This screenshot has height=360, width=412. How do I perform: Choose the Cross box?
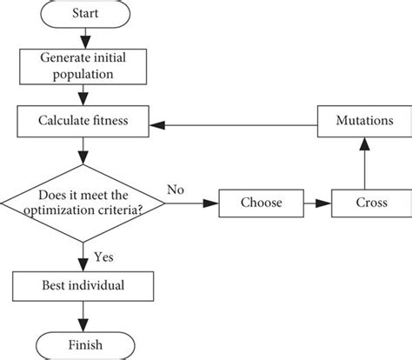(x=370, y=203)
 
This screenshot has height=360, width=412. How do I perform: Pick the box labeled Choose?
(x=261, y=203)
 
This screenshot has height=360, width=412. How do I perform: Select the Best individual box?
(x=83, y=285)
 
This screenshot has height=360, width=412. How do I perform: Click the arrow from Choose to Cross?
(x=318, y=203)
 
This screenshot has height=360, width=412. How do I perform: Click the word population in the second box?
(x=83, y=75)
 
